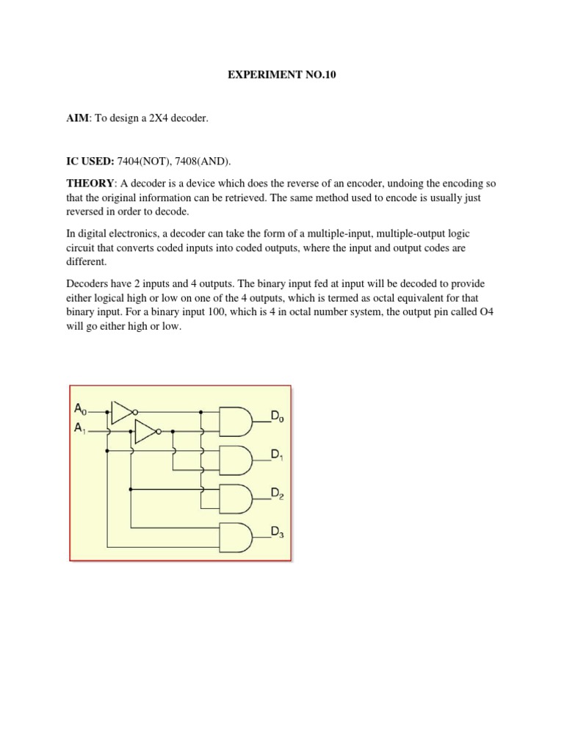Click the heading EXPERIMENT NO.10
point(281,76)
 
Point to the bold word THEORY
point(89,182)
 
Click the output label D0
point(278,417)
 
